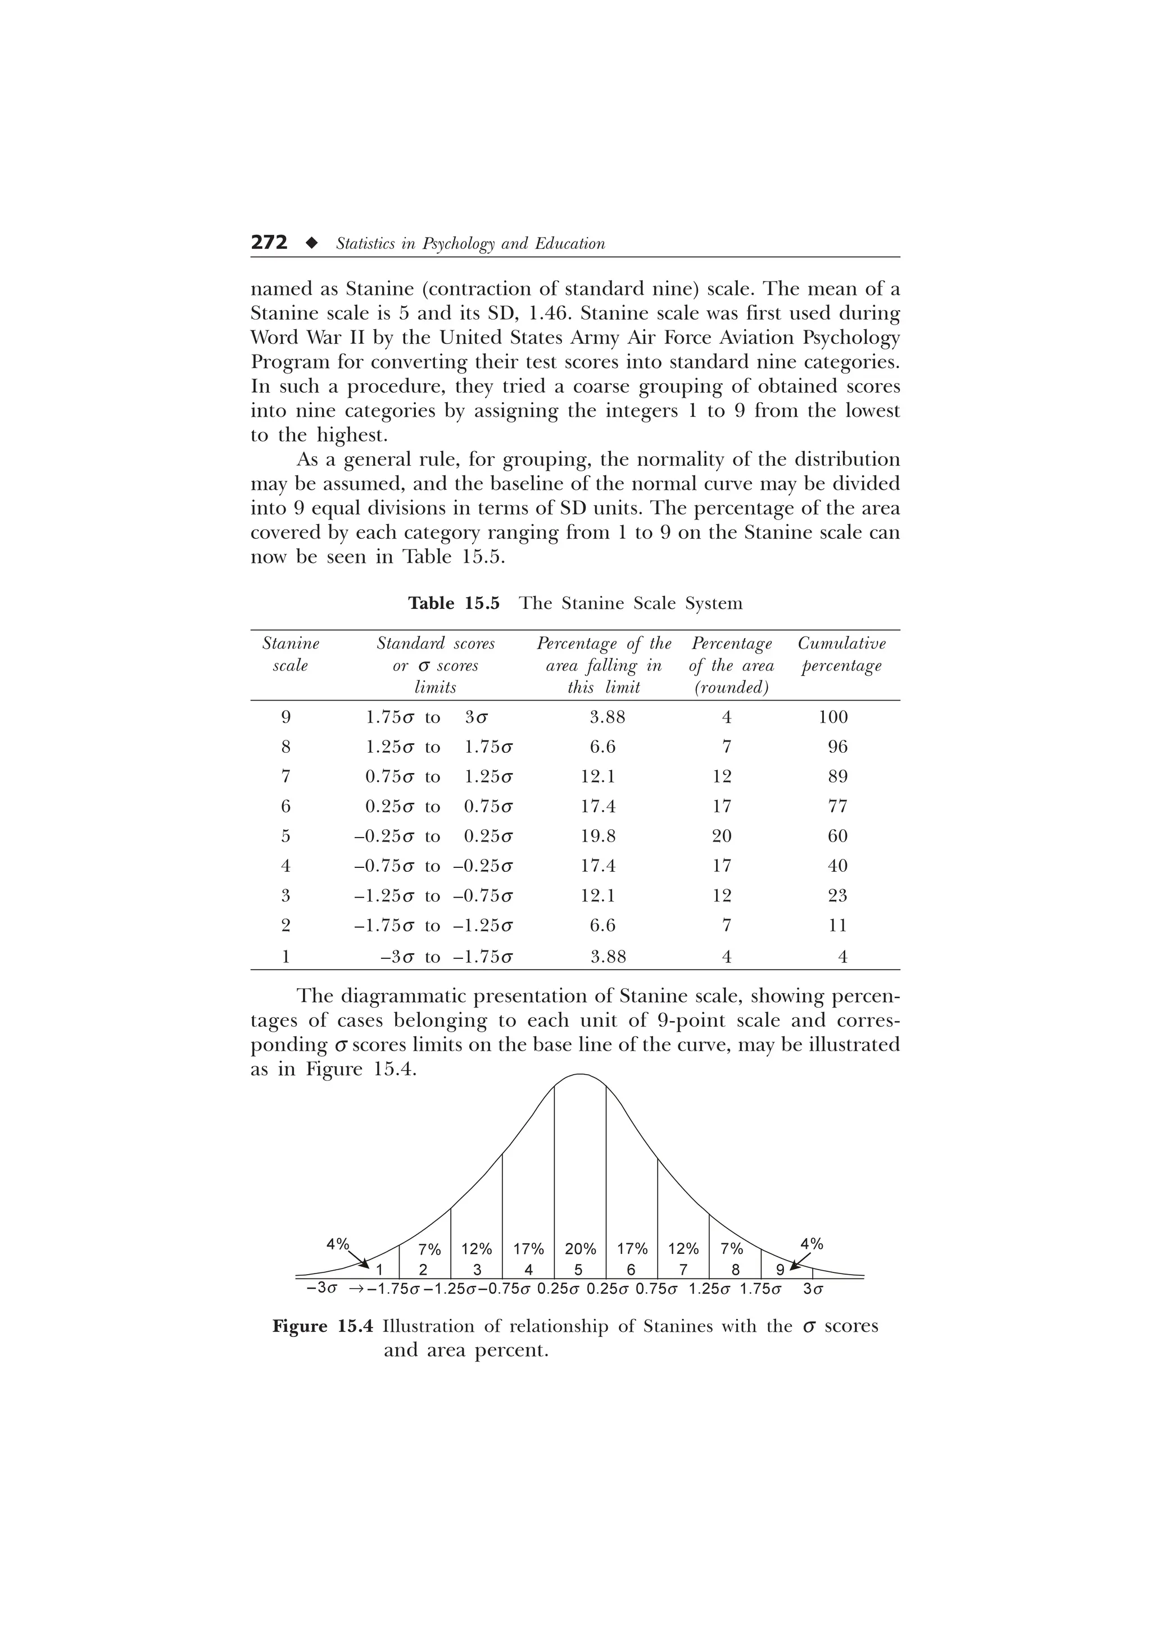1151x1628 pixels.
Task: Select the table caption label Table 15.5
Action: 454,603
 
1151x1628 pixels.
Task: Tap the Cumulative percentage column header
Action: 841,654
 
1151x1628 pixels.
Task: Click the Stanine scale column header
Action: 291,654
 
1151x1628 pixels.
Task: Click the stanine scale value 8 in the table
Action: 286,747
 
